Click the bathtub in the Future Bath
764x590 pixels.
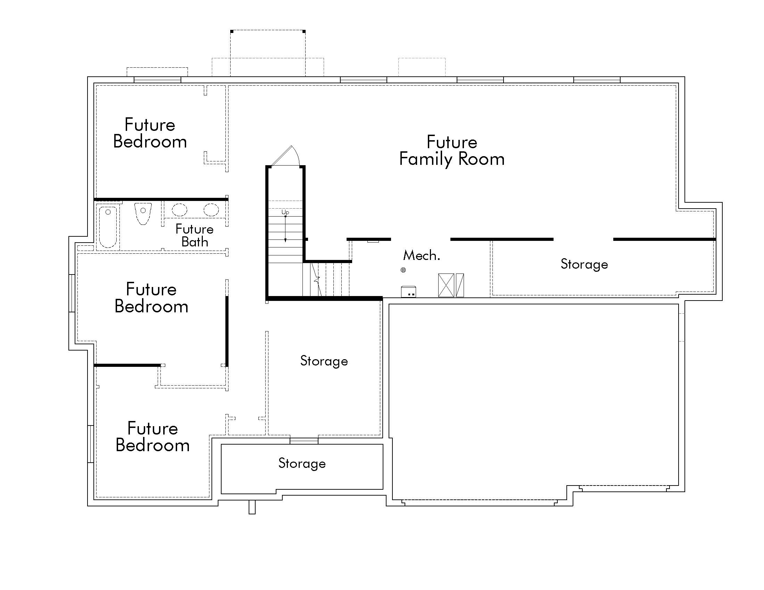click(x=108, y=227)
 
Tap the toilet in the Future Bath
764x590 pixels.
click(x=143, y=213)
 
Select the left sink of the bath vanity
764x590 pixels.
click(x=180, y=210)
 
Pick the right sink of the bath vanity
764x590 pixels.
click(x=211, y=210)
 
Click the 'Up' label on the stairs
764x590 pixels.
click(x=285, y=212)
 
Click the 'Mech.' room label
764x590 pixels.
click(x=421, y=255)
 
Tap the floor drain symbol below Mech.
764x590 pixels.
click(x=403, y=270)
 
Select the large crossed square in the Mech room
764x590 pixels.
click(x=446, y=285)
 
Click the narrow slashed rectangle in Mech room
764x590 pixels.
click(x=460, y=285)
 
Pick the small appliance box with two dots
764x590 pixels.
click(x=408, y=292)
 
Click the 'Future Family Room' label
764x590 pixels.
click(x=451, y=151)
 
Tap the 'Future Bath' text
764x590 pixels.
click(x=194, y=235)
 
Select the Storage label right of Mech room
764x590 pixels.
click(x=584, y=264)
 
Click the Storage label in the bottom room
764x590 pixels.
click(x=302, y=463)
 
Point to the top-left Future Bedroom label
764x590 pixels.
click(x=150, y=133)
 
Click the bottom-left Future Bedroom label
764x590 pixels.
click(x=152, y=437)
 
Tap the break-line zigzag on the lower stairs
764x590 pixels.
click(x=317, y=280)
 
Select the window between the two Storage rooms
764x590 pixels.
click(x=304, y=441)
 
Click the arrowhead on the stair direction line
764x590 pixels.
click(x=285, y=240)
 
